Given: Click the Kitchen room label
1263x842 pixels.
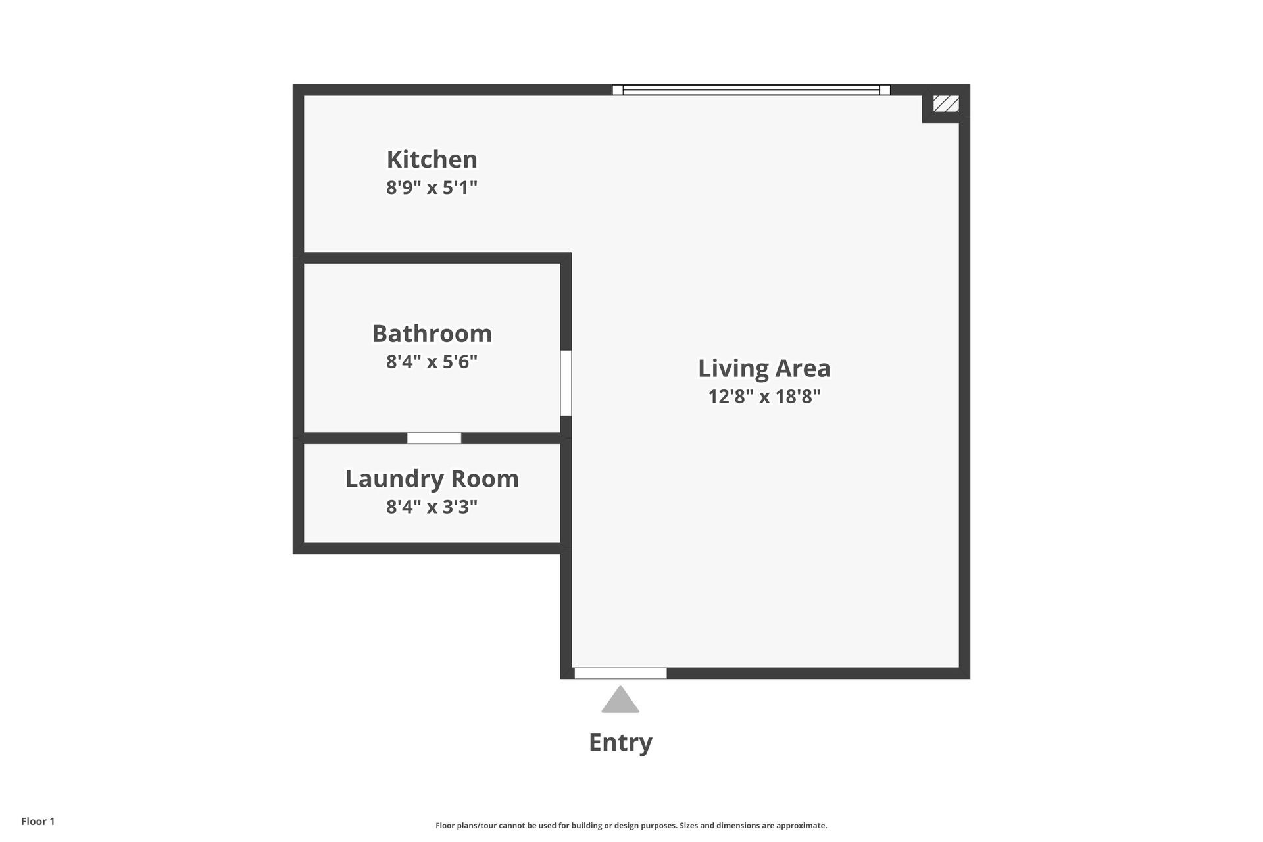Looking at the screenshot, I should point(432,159).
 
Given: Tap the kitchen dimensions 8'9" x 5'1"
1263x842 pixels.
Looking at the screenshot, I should point(432,188).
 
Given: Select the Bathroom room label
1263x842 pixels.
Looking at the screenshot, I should point(432,334).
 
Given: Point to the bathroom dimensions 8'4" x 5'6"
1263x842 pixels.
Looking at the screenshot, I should point(432,362).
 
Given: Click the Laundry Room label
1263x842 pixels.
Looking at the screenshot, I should point(432,479).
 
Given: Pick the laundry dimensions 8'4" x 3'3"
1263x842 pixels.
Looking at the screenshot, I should point(432,507).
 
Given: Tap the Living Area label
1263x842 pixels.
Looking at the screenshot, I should point(764,368).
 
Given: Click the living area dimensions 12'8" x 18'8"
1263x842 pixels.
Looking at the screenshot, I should point(764,397).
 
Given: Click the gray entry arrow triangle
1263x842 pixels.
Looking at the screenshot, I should point(620,701).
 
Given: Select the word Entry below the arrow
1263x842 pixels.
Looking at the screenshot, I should point(620,742).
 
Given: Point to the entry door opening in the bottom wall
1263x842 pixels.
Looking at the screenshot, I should point(620,673).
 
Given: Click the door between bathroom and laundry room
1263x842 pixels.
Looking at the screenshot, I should point(434,438).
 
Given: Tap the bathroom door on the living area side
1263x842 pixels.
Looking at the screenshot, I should point(566,383).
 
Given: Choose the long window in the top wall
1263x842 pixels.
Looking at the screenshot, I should point(751,90).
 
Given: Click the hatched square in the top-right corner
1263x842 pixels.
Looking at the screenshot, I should point(946,103).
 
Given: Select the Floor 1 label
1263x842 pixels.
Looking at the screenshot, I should point(37,821).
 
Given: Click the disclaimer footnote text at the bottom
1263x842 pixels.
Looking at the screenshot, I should point(631,826).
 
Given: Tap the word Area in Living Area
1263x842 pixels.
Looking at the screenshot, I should point(801,368).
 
